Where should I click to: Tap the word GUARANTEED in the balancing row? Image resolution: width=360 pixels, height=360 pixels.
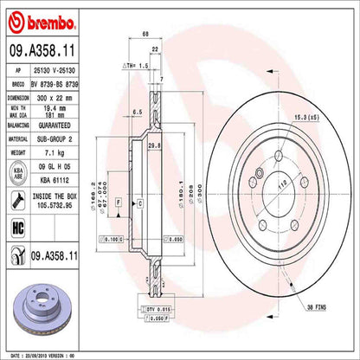(68, 126)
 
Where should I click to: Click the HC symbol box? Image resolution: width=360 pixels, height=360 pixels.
(17, 227)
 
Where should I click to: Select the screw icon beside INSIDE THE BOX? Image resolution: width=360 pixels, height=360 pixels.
(17, 202)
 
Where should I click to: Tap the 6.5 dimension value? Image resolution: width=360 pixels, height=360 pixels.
(138, 112)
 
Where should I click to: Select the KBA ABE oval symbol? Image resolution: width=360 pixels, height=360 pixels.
(17, 174)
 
